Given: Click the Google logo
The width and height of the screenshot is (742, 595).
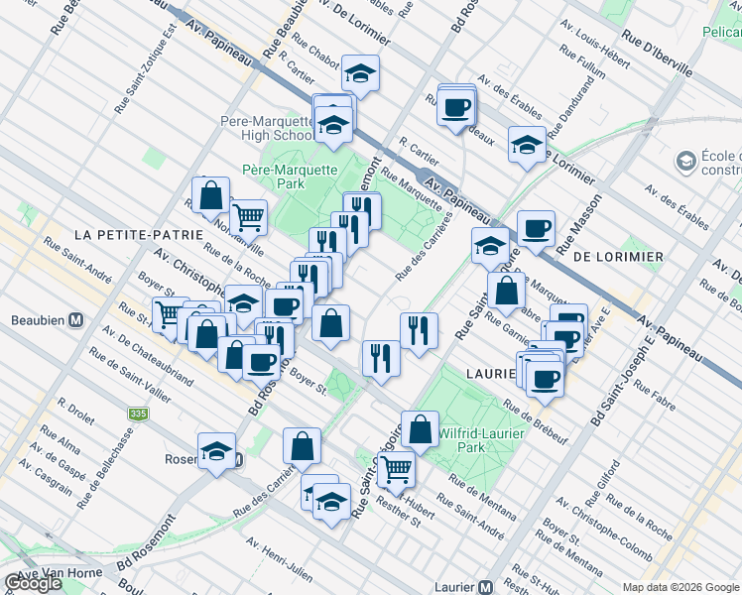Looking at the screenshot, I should point(34,583).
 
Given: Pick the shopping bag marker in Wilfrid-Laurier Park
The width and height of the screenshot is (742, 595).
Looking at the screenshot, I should point(421,429).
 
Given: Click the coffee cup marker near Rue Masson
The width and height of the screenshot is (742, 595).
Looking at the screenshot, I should point(536,229).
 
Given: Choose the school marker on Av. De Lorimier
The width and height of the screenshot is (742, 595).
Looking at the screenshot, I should point(527,145).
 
